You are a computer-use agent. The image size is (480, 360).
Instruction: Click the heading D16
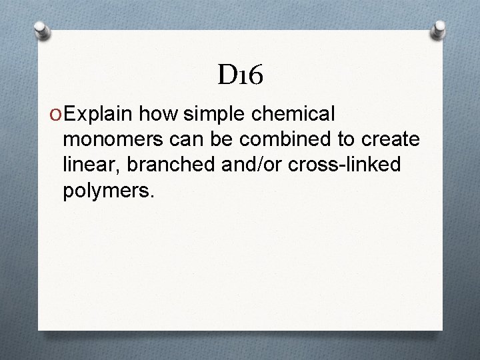pos(240,76)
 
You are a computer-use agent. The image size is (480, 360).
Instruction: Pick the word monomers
pos(113,141)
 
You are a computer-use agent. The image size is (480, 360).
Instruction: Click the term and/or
pos(250,166)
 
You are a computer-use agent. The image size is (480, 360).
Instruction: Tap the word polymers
pos(109,192)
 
